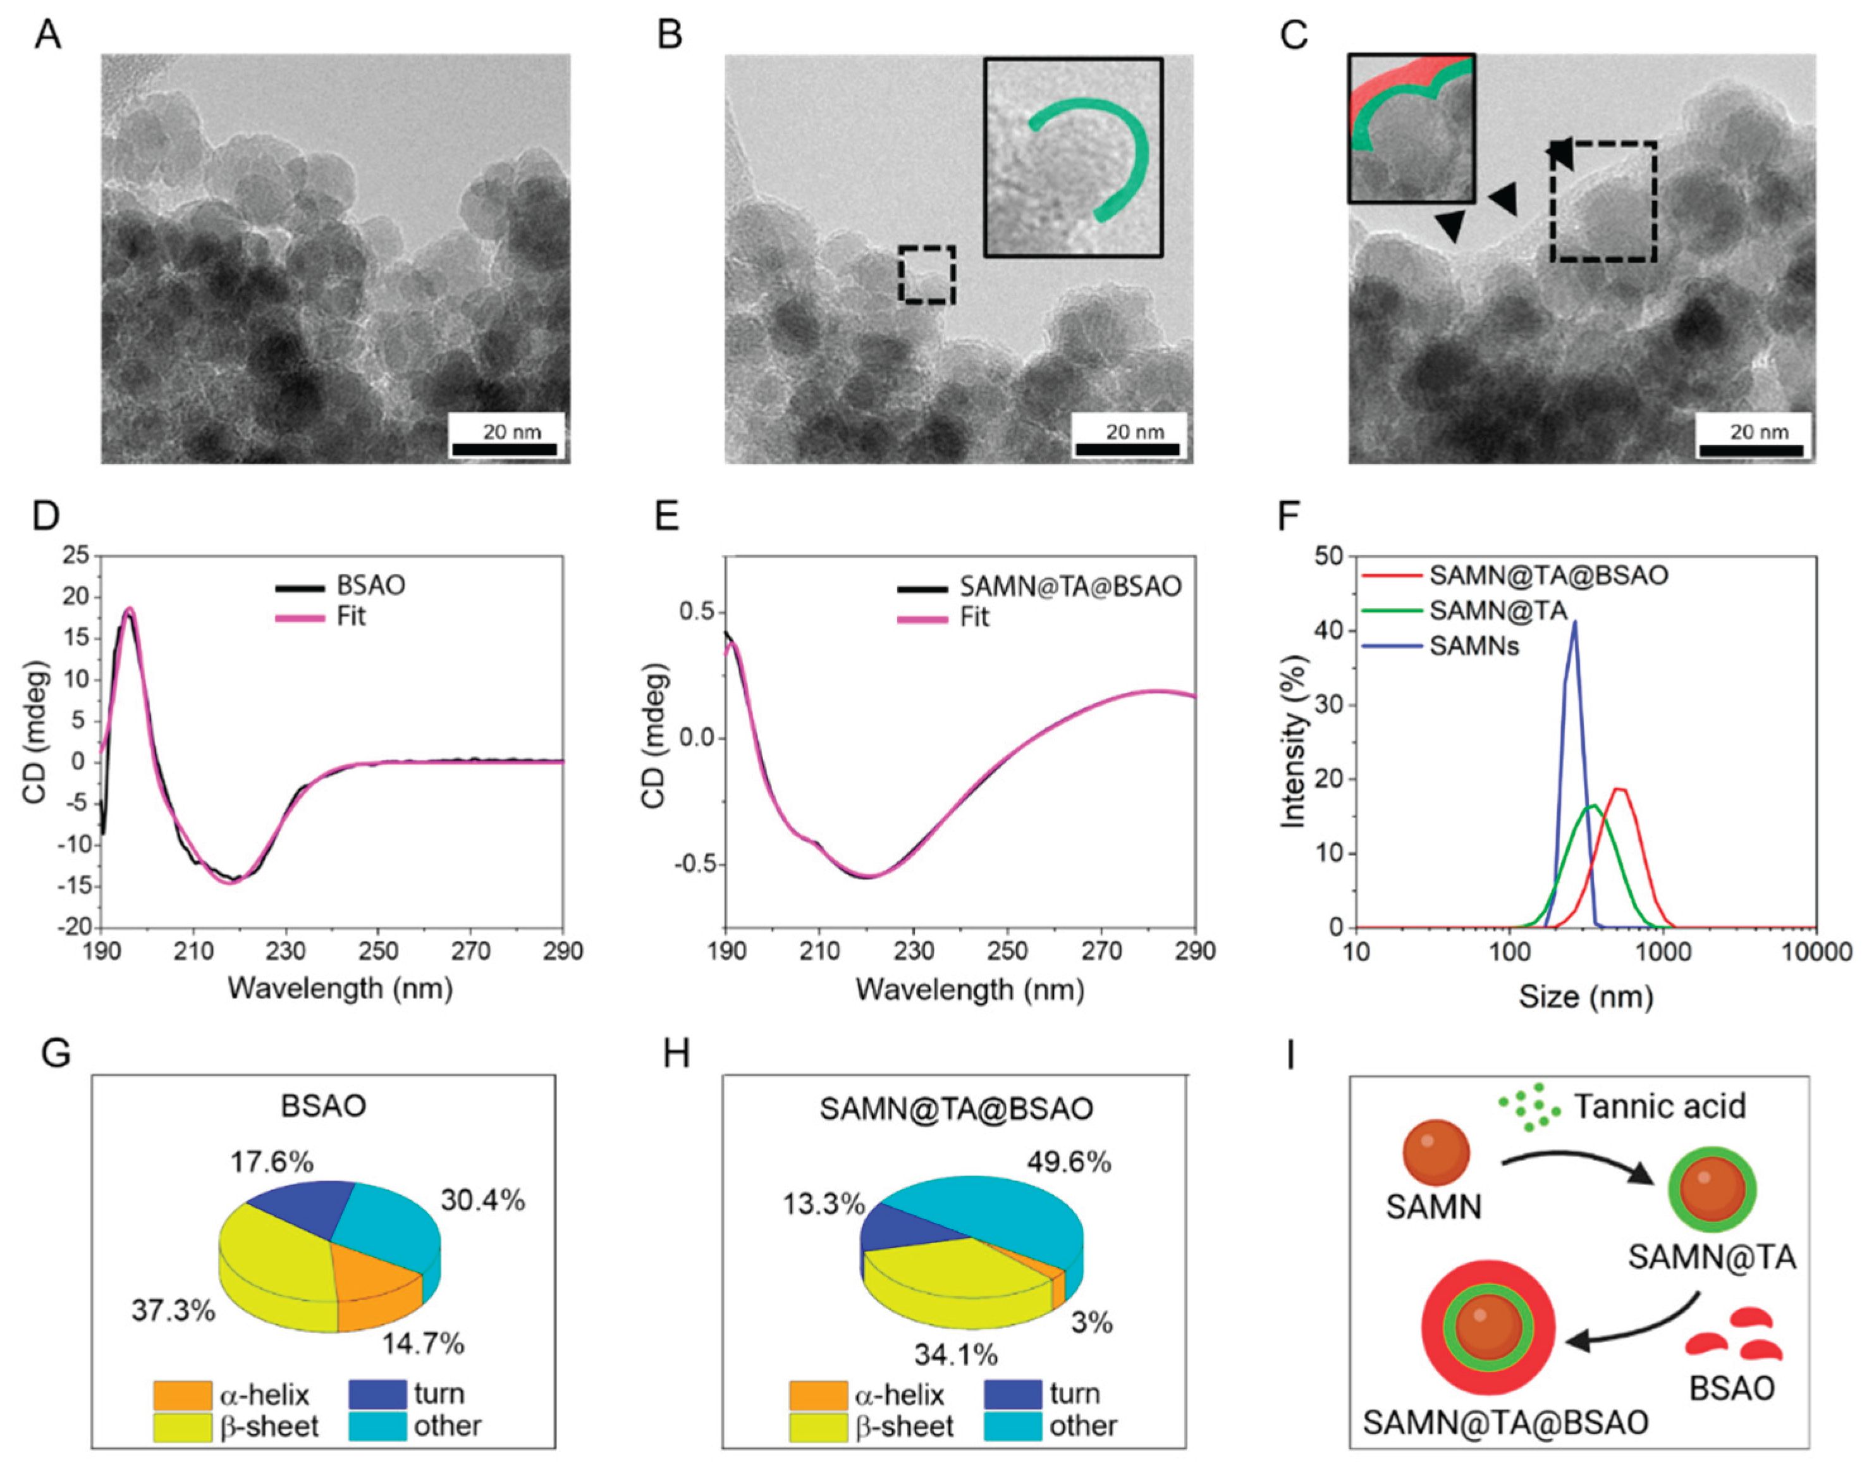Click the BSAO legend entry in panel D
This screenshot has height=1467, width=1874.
(x=341, y=586)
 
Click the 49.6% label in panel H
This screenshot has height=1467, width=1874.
(x=1069, y=1163)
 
